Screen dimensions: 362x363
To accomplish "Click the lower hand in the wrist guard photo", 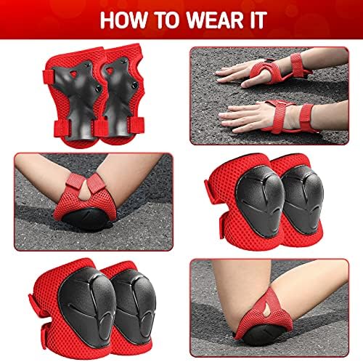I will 243,114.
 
